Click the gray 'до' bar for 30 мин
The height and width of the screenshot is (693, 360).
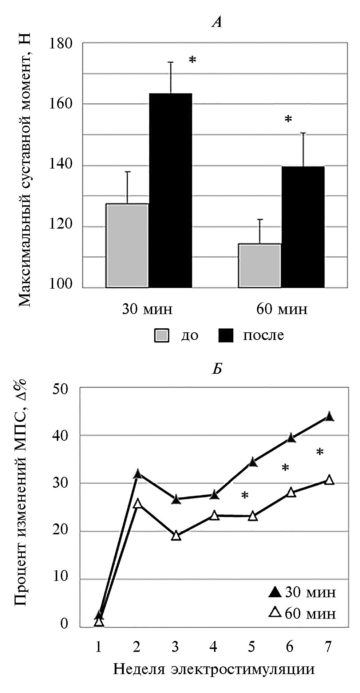tap(127, 246)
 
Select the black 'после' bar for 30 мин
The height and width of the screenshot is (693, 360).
tap(170, 190)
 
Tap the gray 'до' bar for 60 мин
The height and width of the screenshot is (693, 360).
tap(260, 266)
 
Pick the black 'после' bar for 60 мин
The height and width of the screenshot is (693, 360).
tap(303, 227)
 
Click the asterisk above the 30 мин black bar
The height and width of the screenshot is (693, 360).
tap(192, 60)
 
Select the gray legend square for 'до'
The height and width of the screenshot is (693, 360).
tap(162, 335)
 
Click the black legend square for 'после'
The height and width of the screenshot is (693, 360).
tap(225, 335)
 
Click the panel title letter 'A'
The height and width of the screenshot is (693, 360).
tap(217, 23)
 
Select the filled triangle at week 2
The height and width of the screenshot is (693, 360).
tap(137, 474)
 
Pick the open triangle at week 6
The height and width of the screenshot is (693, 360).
tap(291, 492)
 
